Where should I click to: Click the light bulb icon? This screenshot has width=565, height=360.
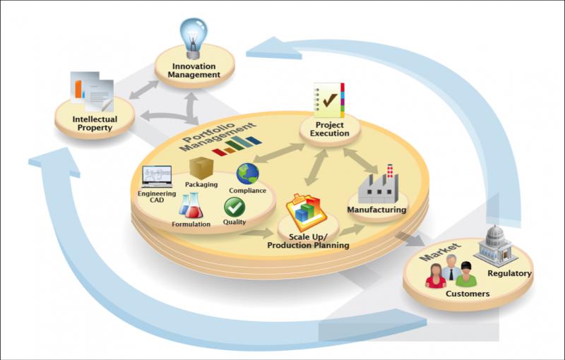194,38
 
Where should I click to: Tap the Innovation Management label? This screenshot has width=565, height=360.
194,71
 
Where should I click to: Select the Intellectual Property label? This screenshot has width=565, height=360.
95,124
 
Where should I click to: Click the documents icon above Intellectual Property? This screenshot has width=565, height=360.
93,92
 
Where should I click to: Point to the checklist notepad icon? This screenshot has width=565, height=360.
328,100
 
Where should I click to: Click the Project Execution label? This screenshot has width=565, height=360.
329,129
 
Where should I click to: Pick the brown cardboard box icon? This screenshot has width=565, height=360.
201,168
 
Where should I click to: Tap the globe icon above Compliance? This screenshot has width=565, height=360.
248,174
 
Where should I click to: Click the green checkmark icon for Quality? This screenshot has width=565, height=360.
234,207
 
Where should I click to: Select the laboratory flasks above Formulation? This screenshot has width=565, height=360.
191,205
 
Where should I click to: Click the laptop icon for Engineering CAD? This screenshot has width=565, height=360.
157,176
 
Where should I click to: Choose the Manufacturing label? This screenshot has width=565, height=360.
376,210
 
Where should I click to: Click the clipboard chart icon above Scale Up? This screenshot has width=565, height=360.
307,213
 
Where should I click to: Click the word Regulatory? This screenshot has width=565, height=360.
509,273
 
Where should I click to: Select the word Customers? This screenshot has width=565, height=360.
468,294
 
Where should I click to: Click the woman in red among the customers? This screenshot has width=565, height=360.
436,276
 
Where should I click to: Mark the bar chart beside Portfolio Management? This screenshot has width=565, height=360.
237,146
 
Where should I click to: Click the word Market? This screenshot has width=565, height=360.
440,252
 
